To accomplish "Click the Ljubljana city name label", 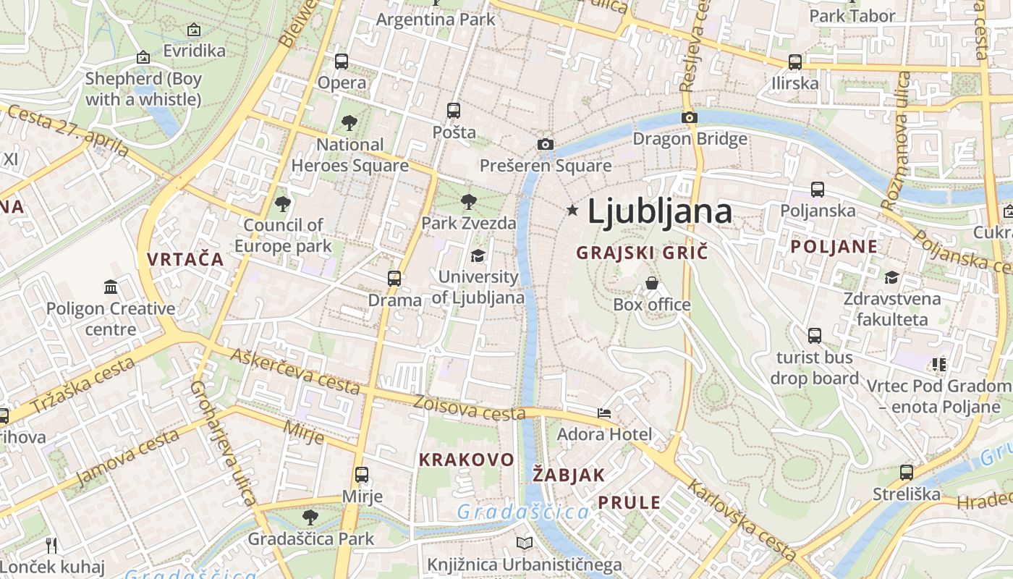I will (659, 211).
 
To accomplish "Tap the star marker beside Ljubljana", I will (572, 210).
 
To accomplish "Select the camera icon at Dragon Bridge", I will (690, 117).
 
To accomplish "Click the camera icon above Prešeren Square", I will (546, 145).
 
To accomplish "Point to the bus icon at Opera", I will (342, 62).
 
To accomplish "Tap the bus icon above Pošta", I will (454, 111).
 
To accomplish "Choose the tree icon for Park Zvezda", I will (469, 201).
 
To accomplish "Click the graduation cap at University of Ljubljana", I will (478, 255).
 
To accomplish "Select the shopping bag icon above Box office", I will (652, 283).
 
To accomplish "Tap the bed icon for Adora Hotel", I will (604, 413).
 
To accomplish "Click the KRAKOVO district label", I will (467, 460).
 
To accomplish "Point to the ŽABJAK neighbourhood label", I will (569, 475).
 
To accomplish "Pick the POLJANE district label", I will (834, 246).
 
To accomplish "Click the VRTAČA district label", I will (185, 259).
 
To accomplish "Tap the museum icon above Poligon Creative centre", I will (111, 287).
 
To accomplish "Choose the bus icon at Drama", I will (394, 279).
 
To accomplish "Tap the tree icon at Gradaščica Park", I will (310, 517).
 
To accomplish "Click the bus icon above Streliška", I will (906, 473).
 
